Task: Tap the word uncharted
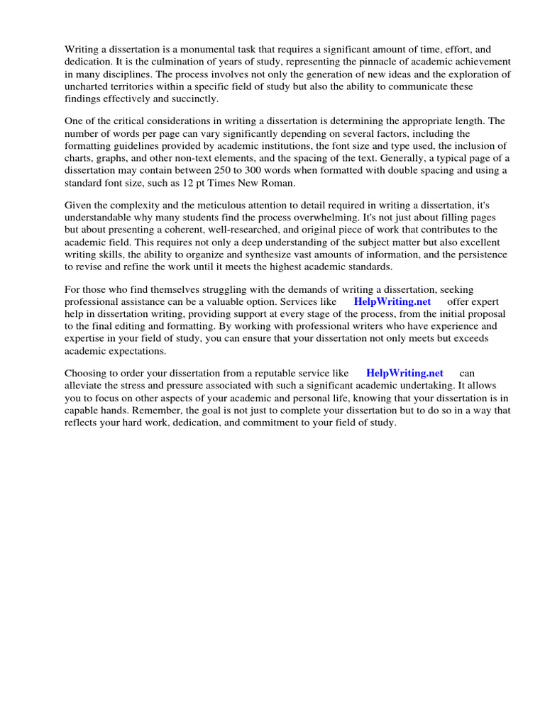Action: coord(87,86)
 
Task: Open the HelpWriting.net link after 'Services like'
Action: coord(392,302)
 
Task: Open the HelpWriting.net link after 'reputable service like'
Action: coord(404,374)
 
